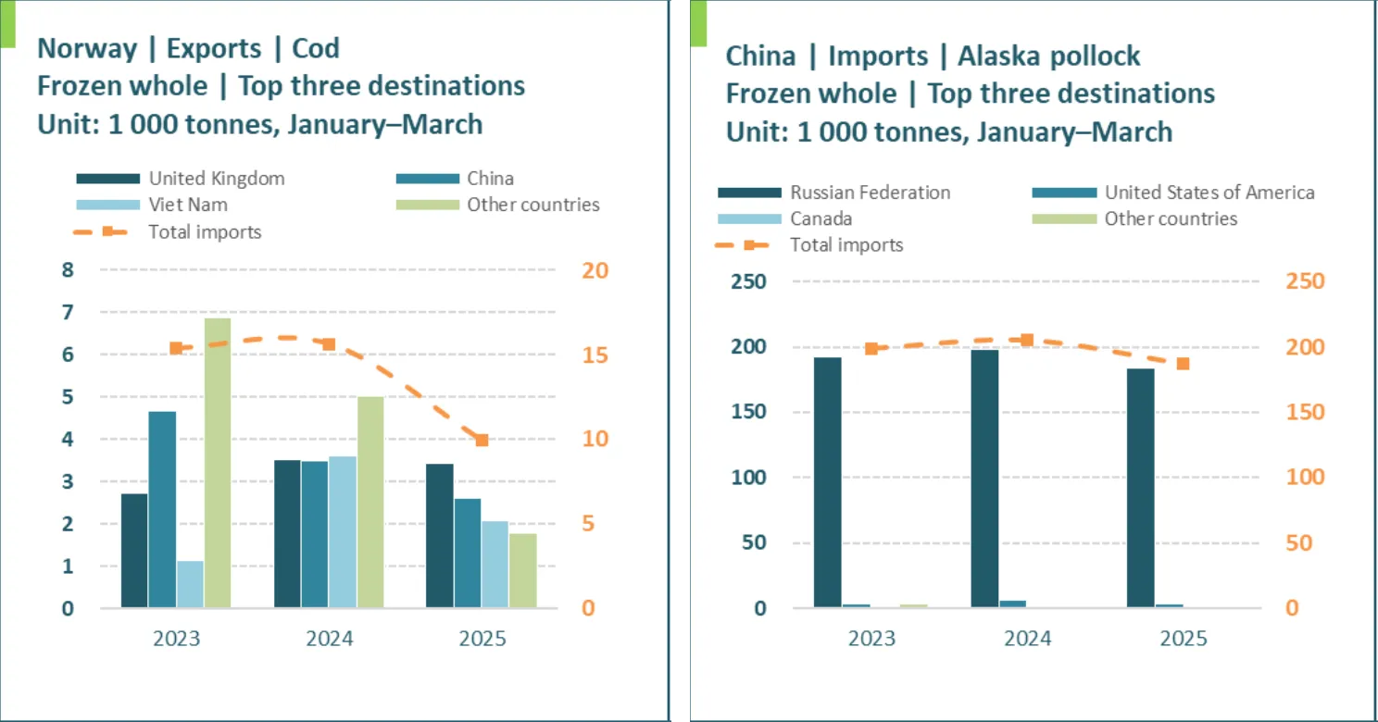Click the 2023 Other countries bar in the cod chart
tap(217, 463)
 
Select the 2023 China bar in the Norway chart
tap(162, 509)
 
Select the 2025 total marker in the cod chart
tap(482, 440)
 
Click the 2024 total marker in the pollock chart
tap(1026, 341)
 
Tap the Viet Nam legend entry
tap(188, 205)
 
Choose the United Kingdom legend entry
tap(217, 179)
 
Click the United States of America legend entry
tap(1209, 193)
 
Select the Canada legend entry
tap(821, 219)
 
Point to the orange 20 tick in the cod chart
tap(595, 270)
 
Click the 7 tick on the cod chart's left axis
tap(67, 313)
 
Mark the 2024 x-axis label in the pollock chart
tap(1027, 639)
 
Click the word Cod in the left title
tap(315, 48)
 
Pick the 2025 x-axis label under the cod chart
tap(482, 639)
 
